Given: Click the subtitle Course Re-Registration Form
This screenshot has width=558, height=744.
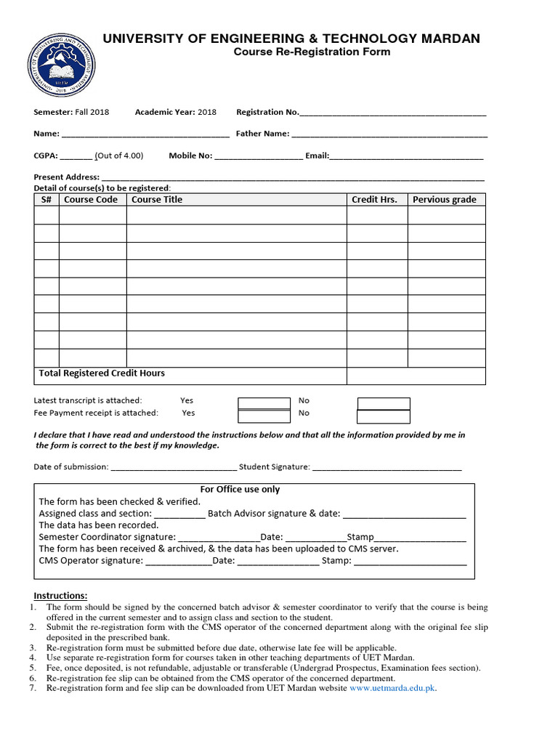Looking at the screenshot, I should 312,52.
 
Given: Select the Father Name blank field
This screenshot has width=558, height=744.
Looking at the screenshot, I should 389,135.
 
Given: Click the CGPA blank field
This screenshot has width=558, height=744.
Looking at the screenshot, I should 76,157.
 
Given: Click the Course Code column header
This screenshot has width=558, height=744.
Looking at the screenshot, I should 91,200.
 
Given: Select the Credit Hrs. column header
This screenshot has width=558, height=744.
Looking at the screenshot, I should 374,200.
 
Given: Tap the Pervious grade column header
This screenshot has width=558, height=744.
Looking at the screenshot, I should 445,200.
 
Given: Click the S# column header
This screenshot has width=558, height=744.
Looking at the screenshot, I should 46,200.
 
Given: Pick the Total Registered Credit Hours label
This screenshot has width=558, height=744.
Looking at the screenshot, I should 102,373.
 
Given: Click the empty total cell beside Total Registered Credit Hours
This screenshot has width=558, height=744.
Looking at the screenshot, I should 416,375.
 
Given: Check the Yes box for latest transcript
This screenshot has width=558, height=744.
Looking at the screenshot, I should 264,403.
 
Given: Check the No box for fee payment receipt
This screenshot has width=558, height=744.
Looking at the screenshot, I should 383,416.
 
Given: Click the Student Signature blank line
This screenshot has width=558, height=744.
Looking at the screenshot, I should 387,469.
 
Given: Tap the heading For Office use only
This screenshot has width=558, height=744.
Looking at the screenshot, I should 240,490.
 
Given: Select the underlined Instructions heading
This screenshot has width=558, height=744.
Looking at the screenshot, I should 60,596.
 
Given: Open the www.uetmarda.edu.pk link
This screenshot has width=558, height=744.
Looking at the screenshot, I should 392,688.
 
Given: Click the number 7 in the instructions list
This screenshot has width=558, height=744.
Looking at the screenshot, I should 33,688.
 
